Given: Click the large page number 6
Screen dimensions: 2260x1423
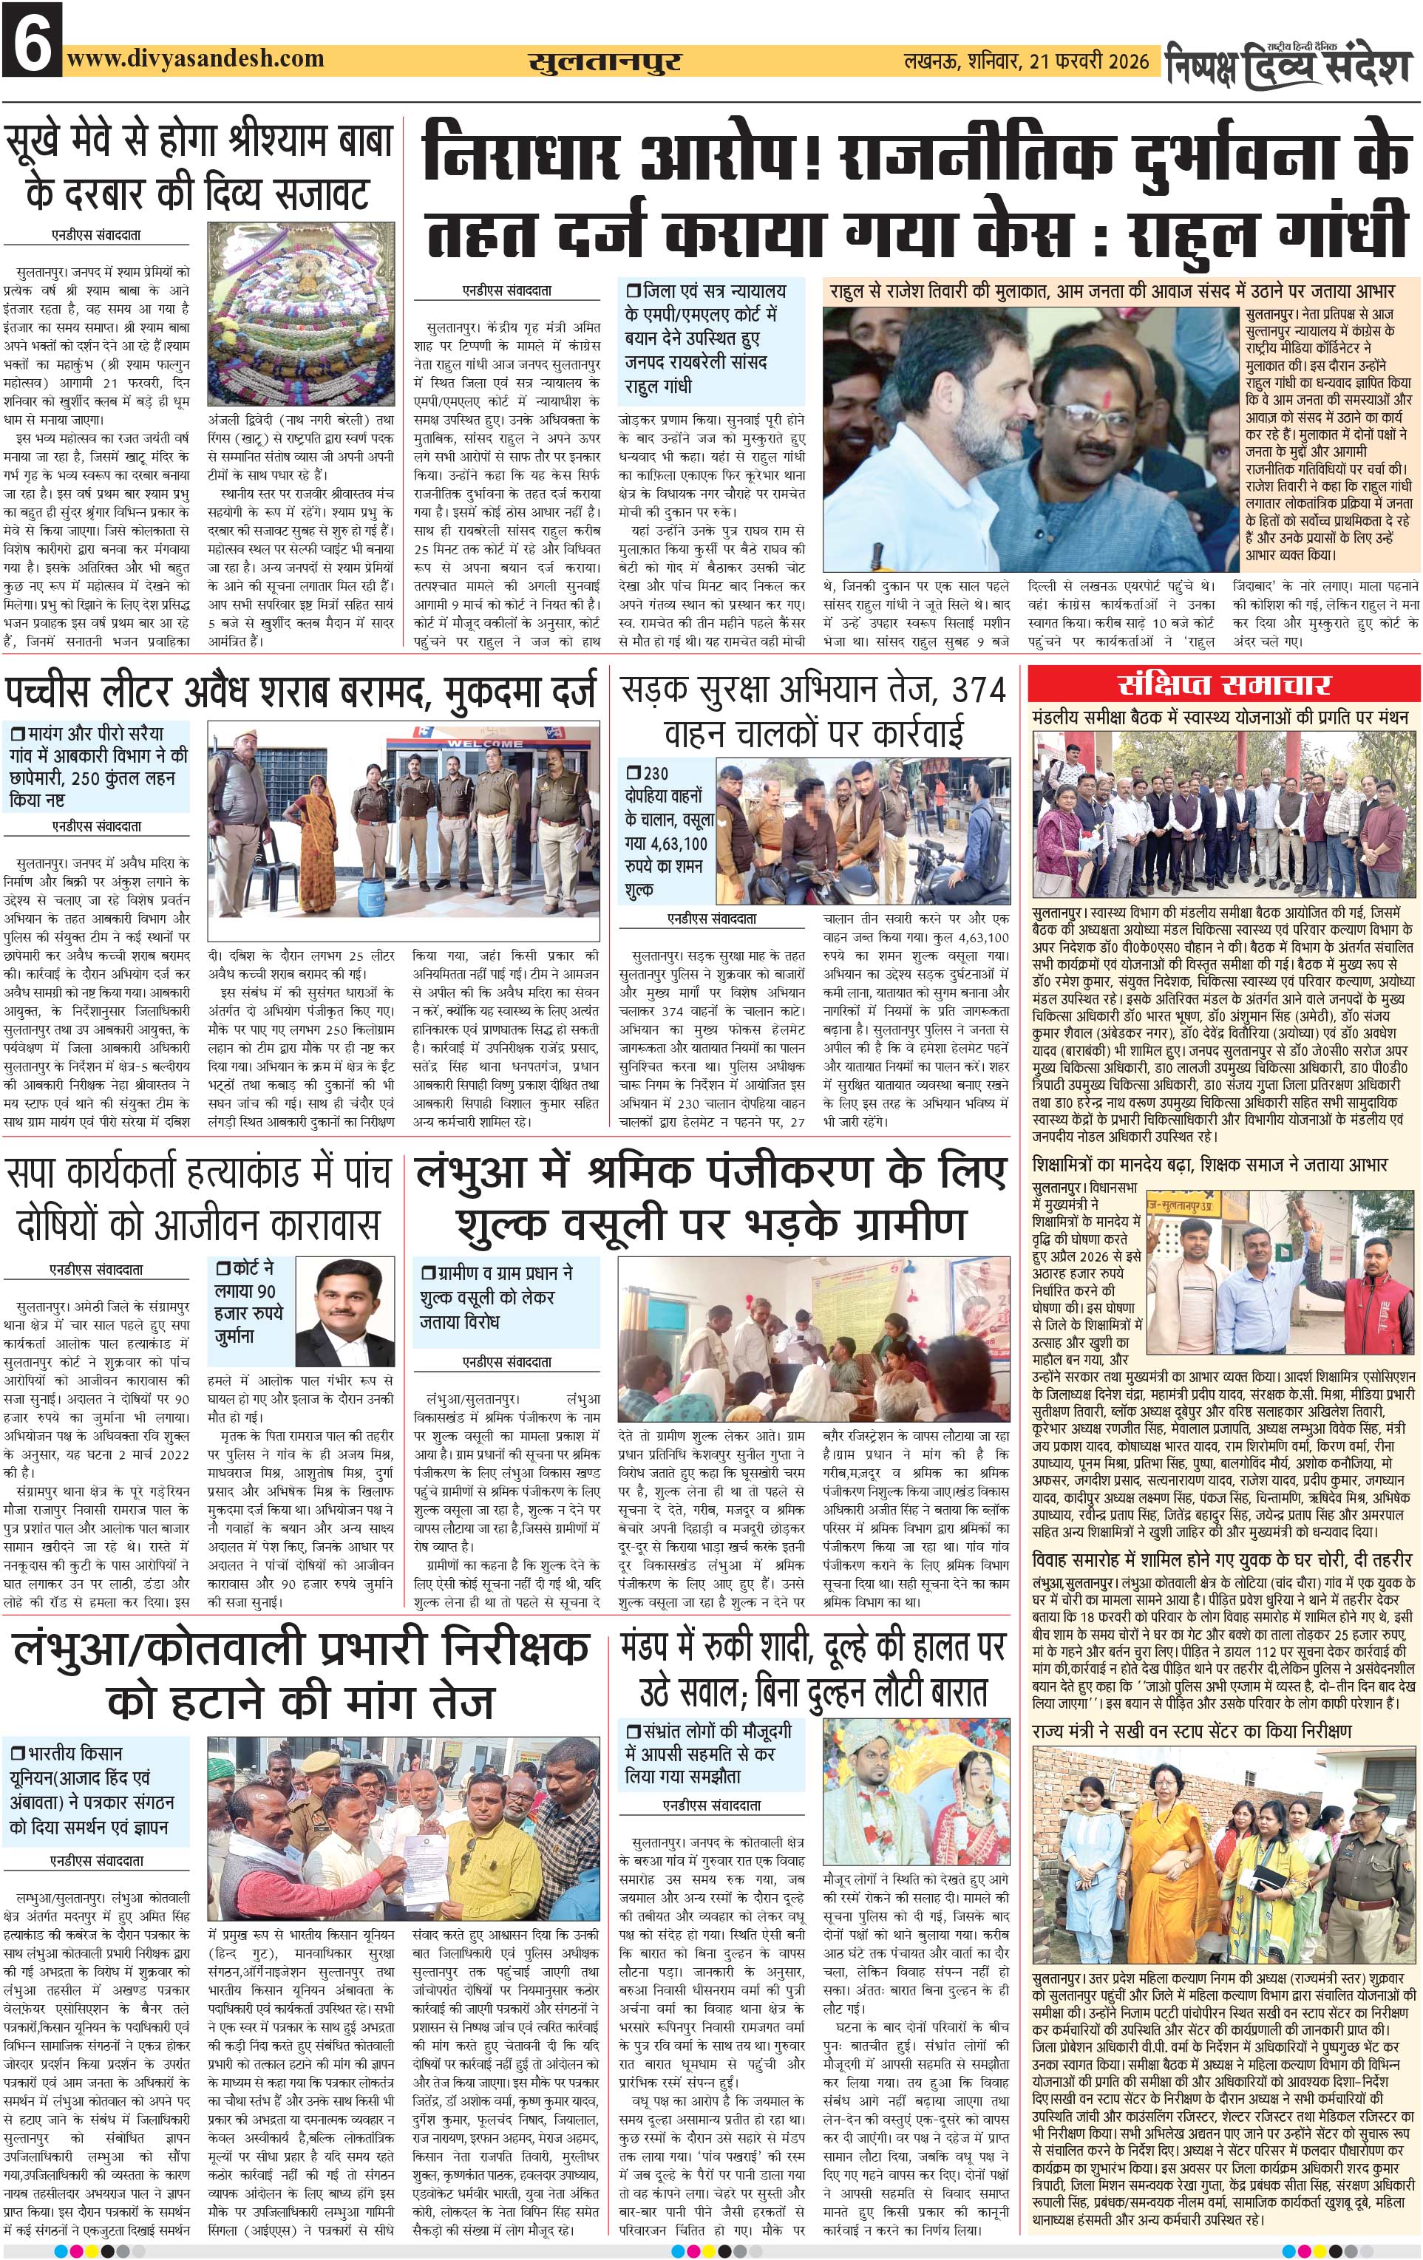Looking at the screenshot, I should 32,38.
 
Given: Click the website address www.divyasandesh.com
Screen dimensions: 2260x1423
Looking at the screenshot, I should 195,59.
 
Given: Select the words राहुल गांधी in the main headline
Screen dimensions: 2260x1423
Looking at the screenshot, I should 1268,231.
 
